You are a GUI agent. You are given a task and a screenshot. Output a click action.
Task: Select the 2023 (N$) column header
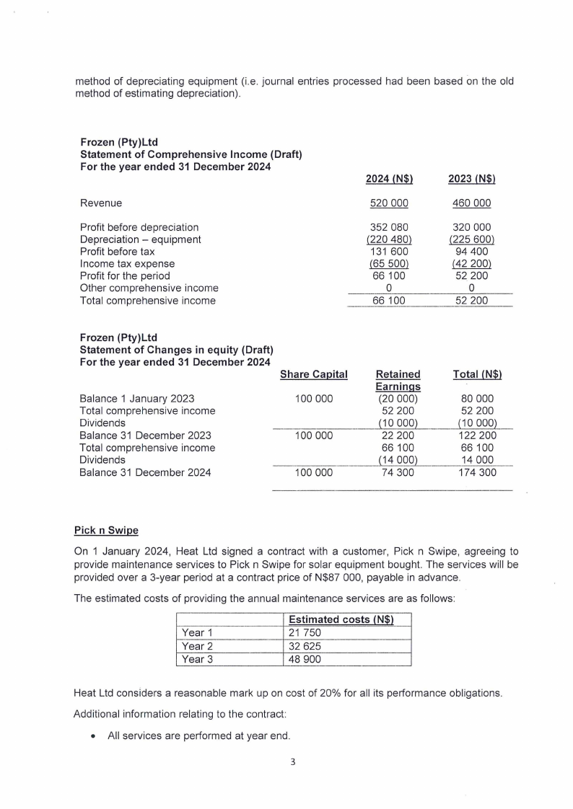[x=471, y=179]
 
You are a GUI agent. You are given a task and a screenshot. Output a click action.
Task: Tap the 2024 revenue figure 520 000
[x=390, y=203]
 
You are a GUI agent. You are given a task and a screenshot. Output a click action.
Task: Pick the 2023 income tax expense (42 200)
[x=471, y=264]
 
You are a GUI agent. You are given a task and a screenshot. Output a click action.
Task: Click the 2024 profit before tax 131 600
[x=390, y=252]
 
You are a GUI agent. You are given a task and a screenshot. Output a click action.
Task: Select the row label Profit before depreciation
[x=139, y=227]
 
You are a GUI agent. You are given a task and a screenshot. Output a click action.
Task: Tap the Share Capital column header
[x=313, y=375]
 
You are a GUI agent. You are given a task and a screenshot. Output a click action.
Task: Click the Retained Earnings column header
[x=398, y=381]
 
